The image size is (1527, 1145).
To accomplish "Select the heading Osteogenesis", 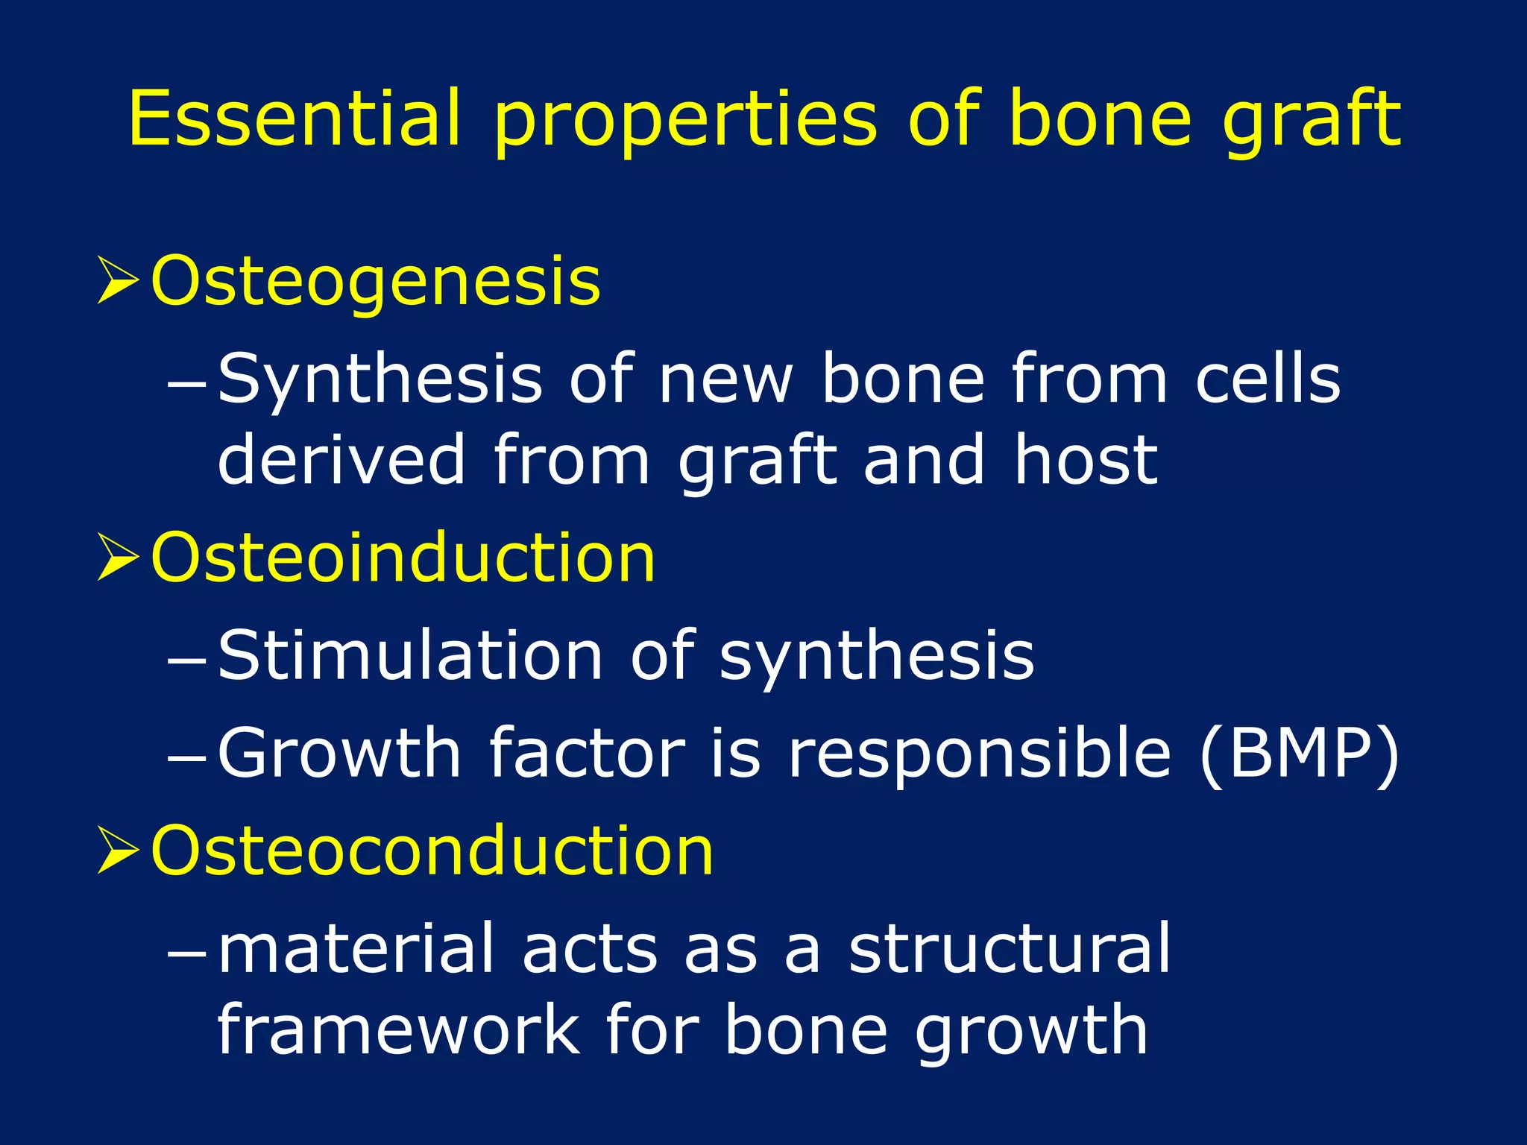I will click(x=375, y=282).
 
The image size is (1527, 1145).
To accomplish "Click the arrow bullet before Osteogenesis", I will click(x=118, y=282).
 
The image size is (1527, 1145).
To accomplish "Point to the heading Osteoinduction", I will click(x=403, y=559).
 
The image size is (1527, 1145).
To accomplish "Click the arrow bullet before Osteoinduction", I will click(x=118, y=559).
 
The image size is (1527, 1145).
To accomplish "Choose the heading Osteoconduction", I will click(x=432, y=851).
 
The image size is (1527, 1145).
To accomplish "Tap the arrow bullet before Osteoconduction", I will click(x=118, y=851).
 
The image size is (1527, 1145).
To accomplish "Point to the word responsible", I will click(x=979, y=754).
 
